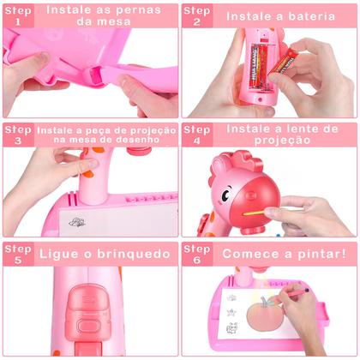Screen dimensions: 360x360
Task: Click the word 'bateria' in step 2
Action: point(311,16)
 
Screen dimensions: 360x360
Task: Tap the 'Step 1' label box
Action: point(18,16)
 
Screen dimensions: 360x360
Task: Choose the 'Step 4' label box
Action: point(197,135)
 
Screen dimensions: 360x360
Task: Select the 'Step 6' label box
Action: point(197,254)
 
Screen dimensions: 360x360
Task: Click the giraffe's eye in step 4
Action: point(225,195)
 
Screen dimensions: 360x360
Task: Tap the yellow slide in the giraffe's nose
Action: point(254,213)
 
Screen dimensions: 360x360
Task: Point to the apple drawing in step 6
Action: point(264,314)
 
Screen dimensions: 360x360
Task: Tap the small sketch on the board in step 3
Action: point(77,222)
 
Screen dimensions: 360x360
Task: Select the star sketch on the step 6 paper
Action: point(231,312)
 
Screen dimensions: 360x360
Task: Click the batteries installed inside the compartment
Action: point(260,67)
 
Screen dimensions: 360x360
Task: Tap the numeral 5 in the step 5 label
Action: point(18,260)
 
